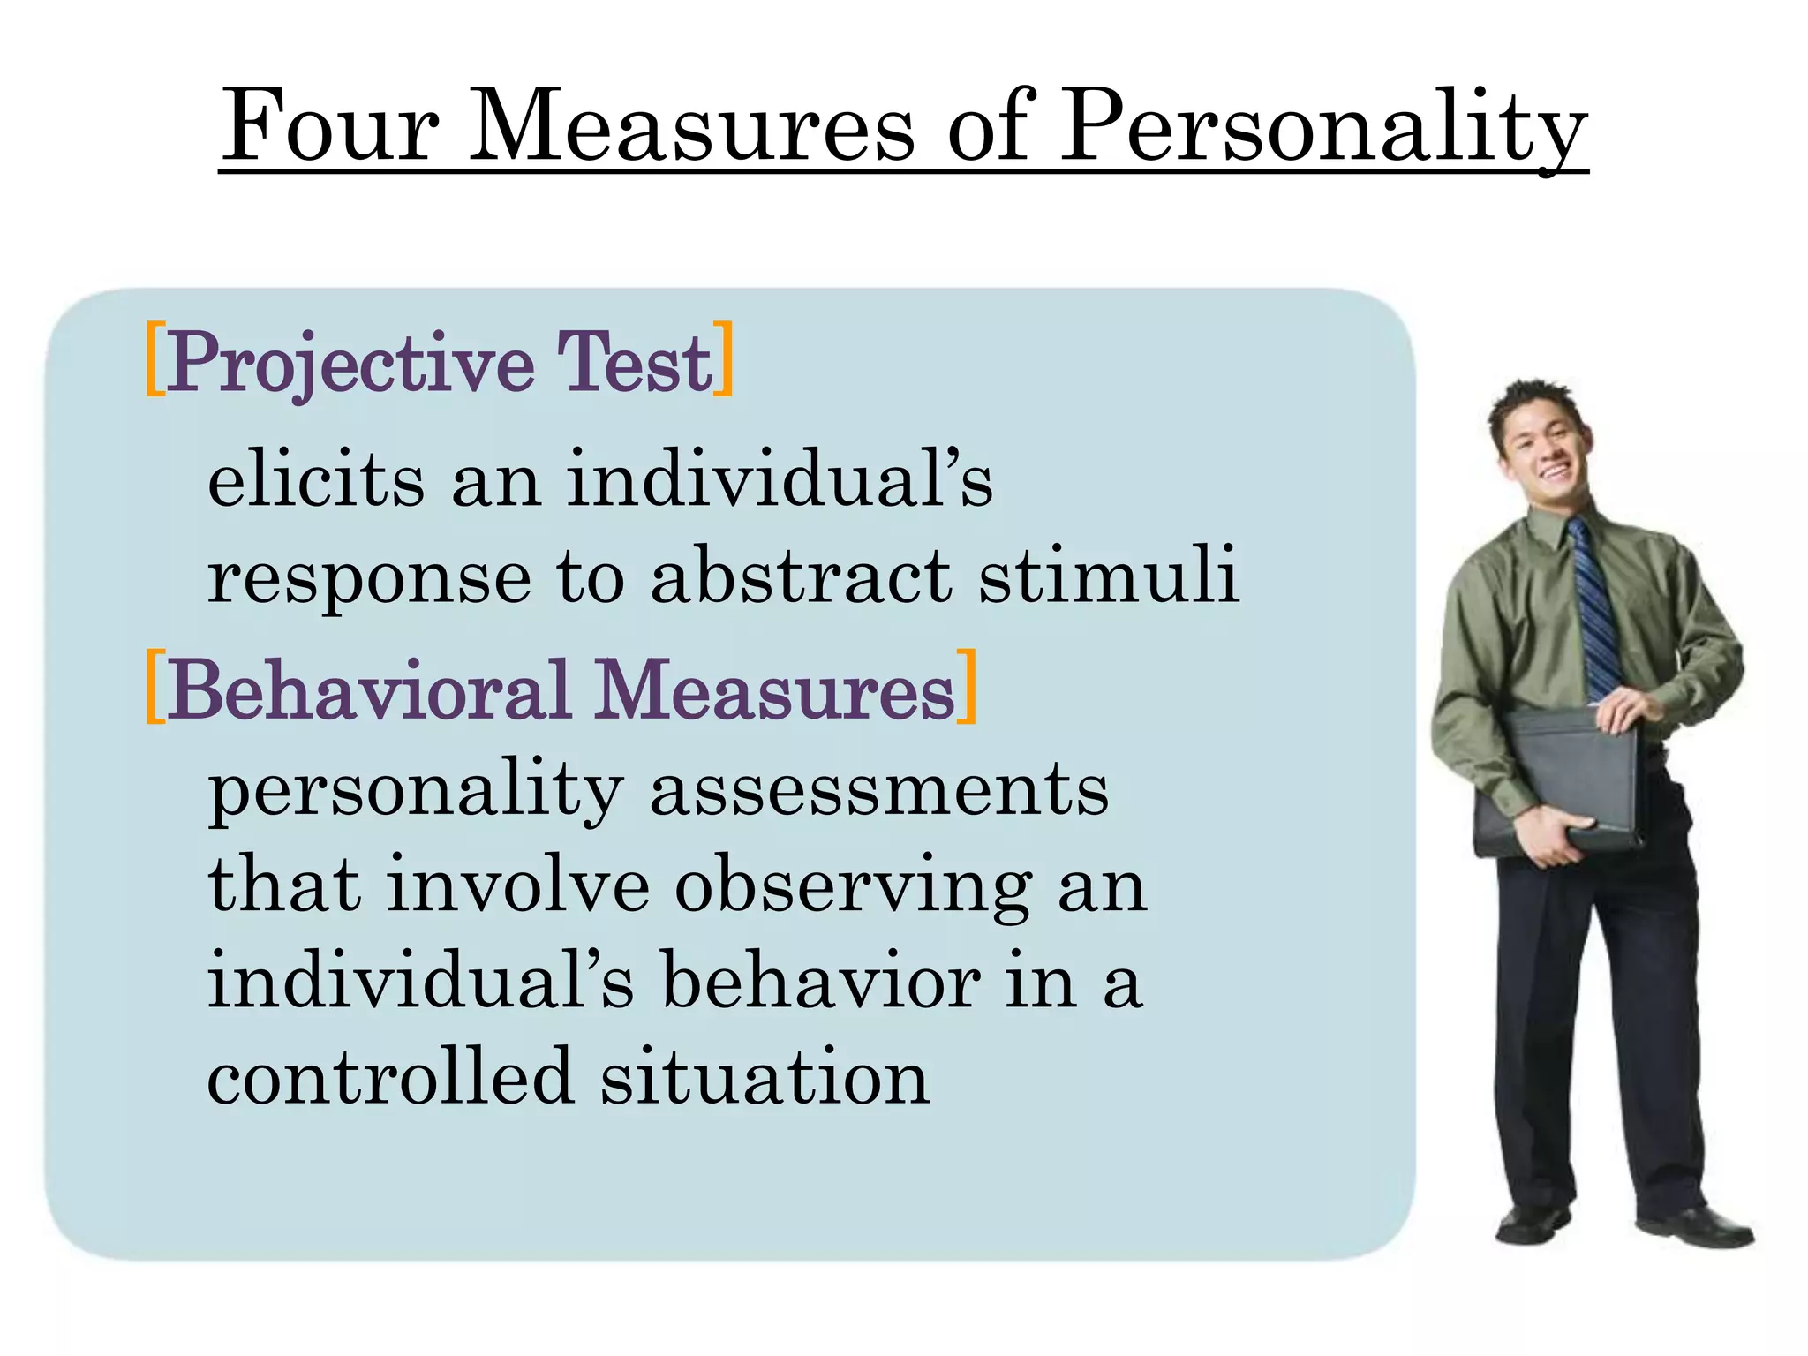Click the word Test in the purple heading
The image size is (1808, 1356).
point(633,362)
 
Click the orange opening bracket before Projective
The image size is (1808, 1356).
point(154,359)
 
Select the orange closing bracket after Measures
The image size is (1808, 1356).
point(968,686)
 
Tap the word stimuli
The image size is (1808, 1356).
point(1109,576)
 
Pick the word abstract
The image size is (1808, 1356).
point(802,576)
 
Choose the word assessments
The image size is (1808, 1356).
point(878,790)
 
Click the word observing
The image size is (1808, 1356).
point(853,886)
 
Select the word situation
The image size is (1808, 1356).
point(765,1077)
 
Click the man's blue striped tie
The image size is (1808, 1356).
point(1595,609)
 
